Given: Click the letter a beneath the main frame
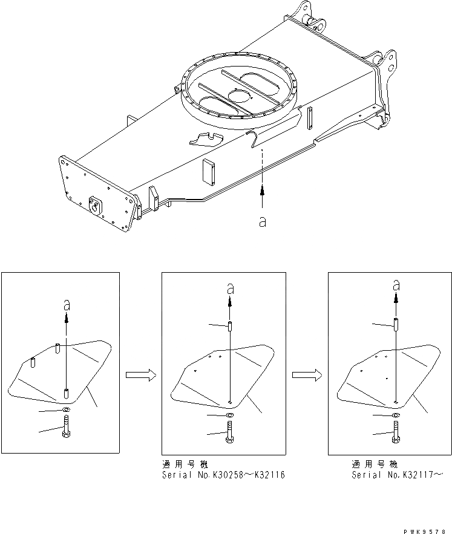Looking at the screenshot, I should pyautogui.click(x=262, y=221).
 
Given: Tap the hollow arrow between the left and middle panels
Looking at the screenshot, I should pyautogui.click(x=140, y=376).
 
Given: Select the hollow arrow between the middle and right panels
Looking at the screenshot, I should pyautogui.click(x=306, y=376).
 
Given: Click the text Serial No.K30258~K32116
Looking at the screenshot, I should pyautogui.click(x=223, y=475).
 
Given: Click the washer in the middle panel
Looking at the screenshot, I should pyautogui.click(x=230, y=416).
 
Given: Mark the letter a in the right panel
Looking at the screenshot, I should pyautogui.click(x=396, y=284).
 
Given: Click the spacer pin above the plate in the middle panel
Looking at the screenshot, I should pyautogui.click(x=231, y=327).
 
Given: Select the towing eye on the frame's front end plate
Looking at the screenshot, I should pyautogui.click(x=96, y=204).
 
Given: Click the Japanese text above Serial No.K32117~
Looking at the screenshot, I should pyautogui.click(x=375, y=464).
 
